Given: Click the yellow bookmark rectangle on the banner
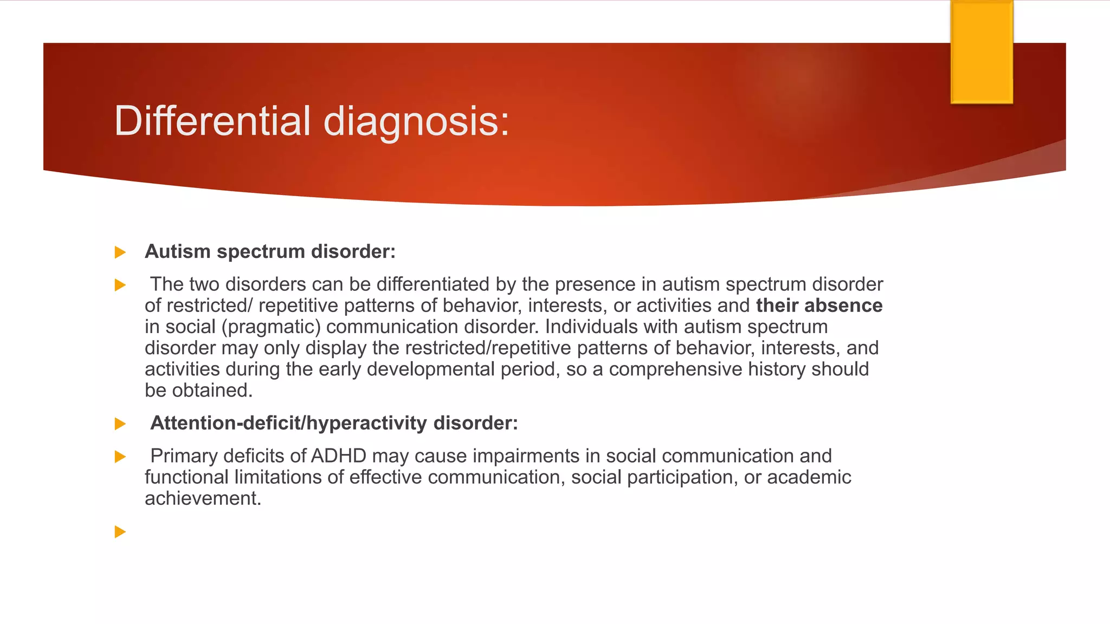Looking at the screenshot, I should pos(982,52).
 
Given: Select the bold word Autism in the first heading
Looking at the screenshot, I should pos(178,252).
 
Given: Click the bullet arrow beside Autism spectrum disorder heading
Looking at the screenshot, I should pos(120,252).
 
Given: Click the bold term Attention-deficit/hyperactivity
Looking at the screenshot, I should pos(289,423).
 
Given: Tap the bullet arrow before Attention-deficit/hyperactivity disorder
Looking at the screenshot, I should pos(120,424).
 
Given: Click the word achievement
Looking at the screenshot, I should pos(203,498).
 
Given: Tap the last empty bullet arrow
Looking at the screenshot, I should pos(120,532).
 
